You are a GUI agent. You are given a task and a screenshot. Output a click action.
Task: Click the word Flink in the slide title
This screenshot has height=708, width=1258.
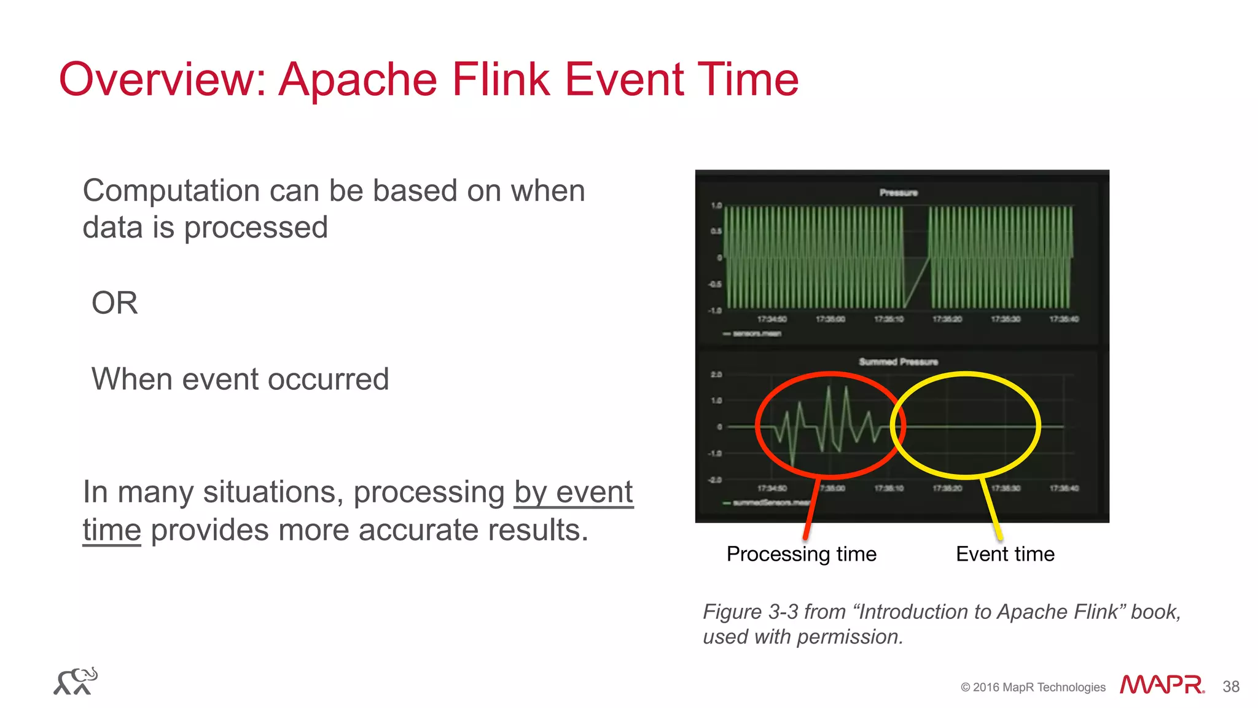tap(500, 80)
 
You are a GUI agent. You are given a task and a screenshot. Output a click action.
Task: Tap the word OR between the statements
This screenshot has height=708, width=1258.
tap(115, 303)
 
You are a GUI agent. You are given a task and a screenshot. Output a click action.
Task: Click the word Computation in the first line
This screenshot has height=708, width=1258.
tap(170, 191)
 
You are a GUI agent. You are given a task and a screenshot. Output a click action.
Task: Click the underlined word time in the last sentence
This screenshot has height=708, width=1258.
tap(112, 530)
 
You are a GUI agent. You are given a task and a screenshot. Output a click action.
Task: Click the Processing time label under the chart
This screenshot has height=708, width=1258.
tap(801, 554)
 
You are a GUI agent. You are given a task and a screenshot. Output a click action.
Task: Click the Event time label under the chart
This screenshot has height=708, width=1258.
tap(1005, 554)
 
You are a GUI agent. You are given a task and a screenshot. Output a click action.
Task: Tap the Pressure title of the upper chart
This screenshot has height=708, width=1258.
tap(898, 193)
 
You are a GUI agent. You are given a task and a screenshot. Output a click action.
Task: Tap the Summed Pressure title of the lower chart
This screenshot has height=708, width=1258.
tap(898, 362)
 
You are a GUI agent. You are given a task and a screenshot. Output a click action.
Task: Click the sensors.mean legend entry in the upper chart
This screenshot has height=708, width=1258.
tap(757, 333)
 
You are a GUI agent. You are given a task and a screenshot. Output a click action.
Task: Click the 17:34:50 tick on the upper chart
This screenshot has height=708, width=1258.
tap(772, 319)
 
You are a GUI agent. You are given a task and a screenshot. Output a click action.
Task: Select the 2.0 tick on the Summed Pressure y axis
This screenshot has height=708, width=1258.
tap(716, 375)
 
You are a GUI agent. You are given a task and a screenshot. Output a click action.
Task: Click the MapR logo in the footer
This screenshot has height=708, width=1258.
tap(1161, 685)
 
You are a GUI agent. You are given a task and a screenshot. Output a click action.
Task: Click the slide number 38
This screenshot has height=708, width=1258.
tap(1231, 687)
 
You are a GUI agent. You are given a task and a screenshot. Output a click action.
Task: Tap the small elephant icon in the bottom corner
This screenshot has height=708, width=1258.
tap(76, 681)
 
